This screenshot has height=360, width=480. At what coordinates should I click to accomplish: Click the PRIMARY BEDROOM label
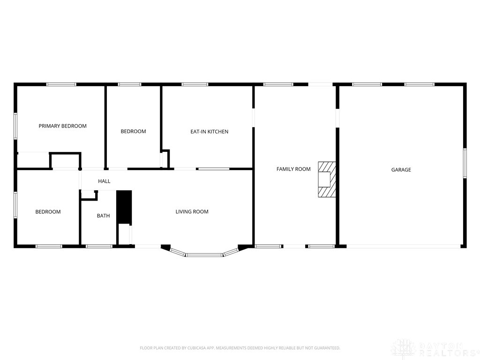point(62,126)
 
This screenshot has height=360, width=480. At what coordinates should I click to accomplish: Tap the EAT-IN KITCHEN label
point(209,132)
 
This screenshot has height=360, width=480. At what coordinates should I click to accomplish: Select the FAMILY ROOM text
point(293,169)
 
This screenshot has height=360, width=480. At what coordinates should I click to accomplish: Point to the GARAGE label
point(401,170)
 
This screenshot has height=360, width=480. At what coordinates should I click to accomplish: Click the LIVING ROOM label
point(192,212)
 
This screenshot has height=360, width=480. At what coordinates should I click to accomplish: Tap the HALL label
point(104,181)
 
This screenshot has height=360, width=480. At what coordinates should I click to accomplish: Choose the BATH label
point(103,216)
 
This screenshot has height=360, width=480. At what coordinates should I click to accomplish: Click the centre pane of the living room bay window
point(204,255)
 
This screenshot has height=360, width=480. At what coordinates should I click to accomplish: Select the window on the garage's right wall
point(465,163)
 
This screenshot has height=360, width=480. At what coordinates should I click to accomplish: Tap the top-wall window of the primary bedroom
point(61,84)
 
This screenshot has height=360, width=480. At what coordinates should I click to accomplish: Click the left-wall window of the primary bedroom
point(15,126)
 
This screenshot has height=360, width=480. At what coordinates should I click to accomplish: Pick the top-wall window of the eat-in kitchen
point(195,84)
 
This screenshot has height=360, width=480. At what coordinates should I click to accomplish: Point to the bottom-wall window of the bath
point(99,246)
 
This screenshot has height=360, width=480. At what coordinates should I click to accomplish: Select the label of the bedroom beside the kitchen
point(133,132)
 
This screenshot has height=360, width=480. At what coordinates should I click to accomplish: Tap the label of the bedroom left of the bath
point(48,212)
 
